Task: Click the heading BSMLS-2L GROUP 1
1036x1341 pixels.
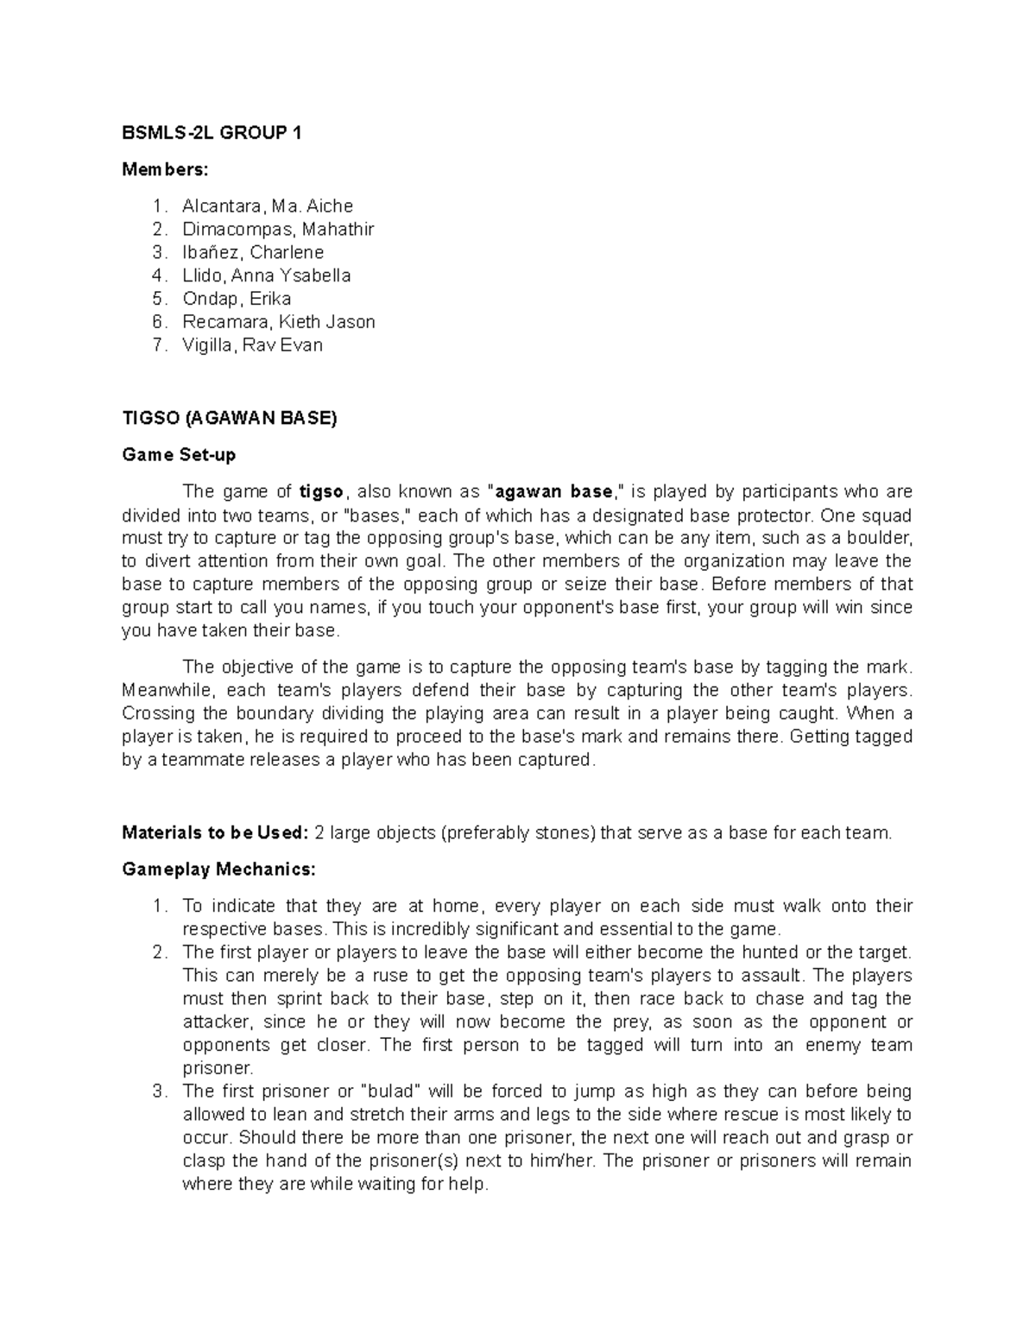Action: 212,133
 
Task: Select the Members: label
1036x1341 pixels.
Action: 165,170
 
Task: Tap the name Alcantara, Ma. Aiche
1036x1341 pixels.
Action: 268,206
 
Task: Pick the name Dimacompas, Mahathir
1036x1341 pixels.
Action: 278,230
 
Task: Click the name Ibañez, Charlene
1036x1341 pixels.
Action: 253,253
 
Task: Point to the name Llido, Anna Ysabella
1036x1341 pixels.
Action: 267,276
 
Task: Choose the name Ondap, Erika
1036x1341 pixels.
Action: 237,299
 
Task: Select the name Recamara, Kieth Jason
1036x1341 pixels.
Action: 279,322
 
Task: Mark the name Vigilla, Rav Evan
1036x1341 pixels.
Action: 252,345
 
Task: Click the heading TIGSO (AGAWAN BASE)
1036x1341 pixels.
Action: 230,419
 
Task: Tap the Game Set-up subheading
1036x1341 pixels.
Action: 179,455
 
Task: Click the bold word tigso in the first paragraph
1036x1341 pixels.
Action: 321,492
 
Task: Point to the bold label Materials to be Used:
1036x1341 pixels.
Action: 215,833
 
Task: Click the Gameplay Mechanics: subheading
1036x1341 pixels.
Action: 219,870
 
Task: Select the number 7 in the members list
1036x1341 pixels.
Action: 157,345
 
